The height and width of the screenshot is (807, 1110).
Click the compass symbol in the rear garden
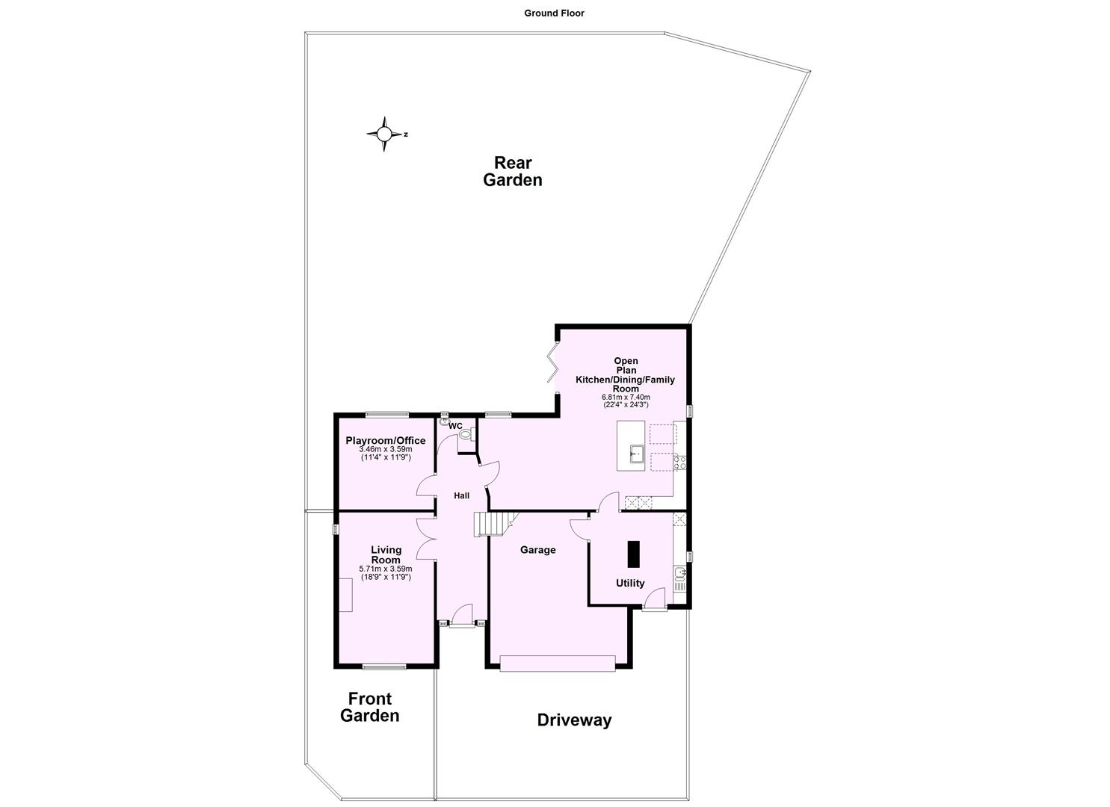[384, 134]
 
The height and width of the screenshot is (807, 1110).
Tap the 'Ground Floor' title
[554, 13]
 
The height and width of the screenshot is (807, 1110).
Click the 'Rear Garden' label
[513, 171]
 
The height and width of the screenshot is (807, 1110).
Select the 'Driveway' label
[574, 720]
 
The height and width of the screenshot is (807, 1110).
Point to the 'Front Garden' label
[370, 707]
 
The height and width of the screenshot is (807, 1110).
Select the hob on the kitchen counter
[680, 462]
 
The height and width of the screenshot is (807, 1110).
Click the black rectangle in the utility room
[634, 555]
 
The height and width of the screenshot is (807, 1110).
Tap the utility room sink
[679, 573]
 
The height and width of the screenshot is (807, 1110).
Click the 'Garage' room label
[538, 550]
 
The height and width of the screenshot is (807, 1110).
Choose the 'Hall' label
[461, 495]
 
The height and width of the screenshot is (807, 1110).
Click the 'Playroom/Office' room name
[385, 441]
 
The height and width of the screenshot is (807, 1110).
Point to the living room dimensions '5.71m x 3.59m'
[386, 569]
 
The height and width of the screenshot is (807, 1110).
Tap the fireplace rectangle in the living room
[346, 595]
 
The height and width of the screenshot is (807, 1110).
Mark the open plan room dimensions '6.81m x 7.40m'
[626, 397]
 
